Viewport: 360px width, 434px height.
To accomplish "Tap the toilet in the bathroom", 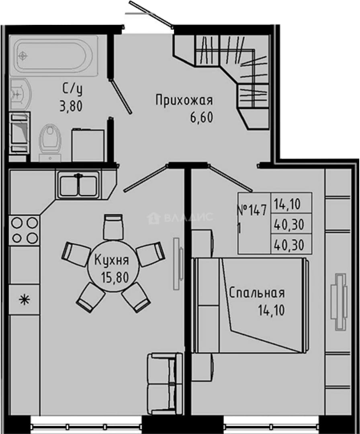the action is (x=50, y=142).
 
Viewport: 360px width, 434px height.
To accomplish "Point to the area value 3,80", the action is (x=71, y=106).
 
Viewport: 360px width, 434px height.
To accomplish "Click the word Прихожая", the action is (x=184, y=100).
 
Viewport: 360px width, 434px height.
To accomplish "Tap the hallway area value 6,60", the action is (x=201, y=117).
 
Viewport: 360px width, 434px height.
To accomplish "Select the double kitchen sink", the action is (x=79, y=184).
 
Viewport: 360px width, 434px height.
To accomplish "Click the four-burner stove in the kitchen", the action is (x=25, y=230).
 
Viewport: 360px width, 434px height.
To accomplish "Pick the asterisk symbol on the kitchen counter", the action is (x=25, y=300).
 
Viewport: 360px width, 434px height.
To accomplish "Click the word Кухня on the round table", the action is (x=112, y=260).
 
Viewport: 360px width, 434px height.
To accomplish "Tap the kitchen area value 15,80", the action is (x=115, y=277).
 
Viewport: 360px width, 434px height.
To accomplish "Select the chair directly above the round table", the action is (x=113, y=227).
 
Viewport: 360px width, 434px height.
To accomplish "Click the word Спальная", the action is (x=257, y=293).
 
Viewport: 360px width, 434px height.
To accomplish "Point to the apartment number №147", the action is (x=252, y=210).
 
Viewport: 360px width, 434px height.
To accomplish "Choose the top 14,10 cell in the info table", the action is (x=287, y=204).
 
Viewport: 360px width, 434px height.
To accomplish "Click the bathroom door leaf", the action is (x=121, y=96).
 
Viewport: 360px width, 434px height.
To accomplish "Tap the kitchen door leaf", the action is (x=145, y=178).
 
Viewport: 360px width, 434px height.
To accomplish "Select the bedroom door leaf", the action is (x=231, y=178).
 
